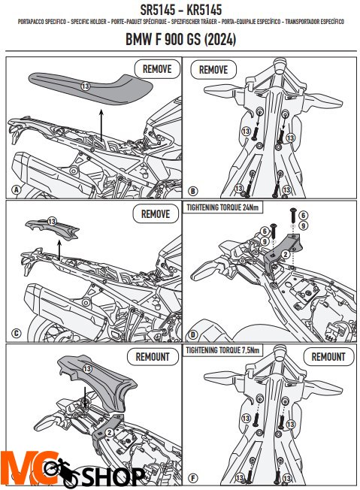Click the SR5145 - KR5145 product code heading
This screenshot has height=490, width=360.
(x=180, y=10)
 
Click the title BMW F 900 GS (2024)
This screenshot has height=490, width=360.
(x=180, y=39)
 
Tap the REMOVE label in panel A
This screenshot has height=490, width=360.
(x=157, y=69)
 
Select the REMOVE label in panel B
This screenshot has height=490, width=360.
(x=213, y=69)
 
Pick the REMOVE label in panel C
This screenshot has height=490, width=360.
(x=156, y=214)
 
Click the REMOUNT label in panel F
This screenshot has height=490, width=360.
(x=328, y=356)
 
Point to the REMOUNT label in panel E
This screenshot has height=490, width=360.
(x=153, y=356)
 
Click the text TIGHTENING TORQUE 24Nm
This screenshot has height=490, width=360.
(x=222, y=207)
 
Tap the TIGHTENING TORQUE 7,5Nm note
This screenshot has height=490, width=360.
(x=222, y=350)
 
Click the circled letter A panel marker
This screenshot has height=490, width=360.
(x=16, y=189)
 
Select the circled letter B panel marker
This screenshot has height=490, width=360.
(x=192, y=191)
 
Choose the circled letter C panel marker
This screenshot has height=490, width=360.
(x=17, y=334)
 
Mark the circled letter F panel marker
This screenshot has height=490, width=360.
(x=193, y=478)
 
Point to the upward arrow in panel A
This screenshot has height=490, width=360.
(x=101, y=125)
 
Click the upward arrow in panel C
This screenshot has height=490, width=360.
(x=59, y=250)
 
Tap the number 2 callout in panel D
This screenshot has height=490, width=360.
(x=286, y=255)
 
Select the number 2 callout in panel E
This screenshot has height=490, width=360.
(x=109, y=432)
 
